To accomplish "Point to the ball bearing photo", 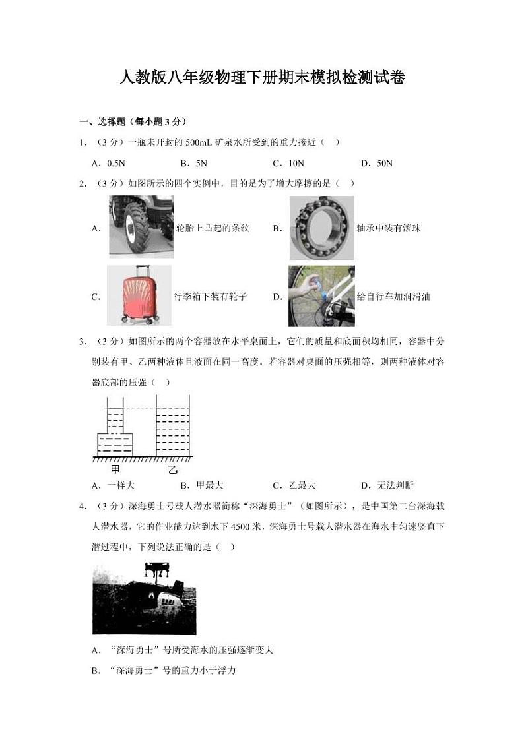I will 321,228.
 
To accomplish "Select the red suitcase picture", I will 139,296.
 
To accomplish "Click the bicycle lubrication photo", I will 321,296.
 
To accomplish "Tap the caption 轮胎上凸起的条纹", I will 213,228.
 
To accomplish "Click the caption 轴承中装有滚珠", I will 388,228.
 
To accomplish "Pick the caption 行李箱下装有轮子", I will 210,297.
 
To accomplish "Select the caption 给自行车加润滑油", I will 393,297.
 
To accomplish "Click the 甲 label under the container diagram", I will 115,469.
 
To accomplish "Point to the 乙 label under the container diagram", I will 172,469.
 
